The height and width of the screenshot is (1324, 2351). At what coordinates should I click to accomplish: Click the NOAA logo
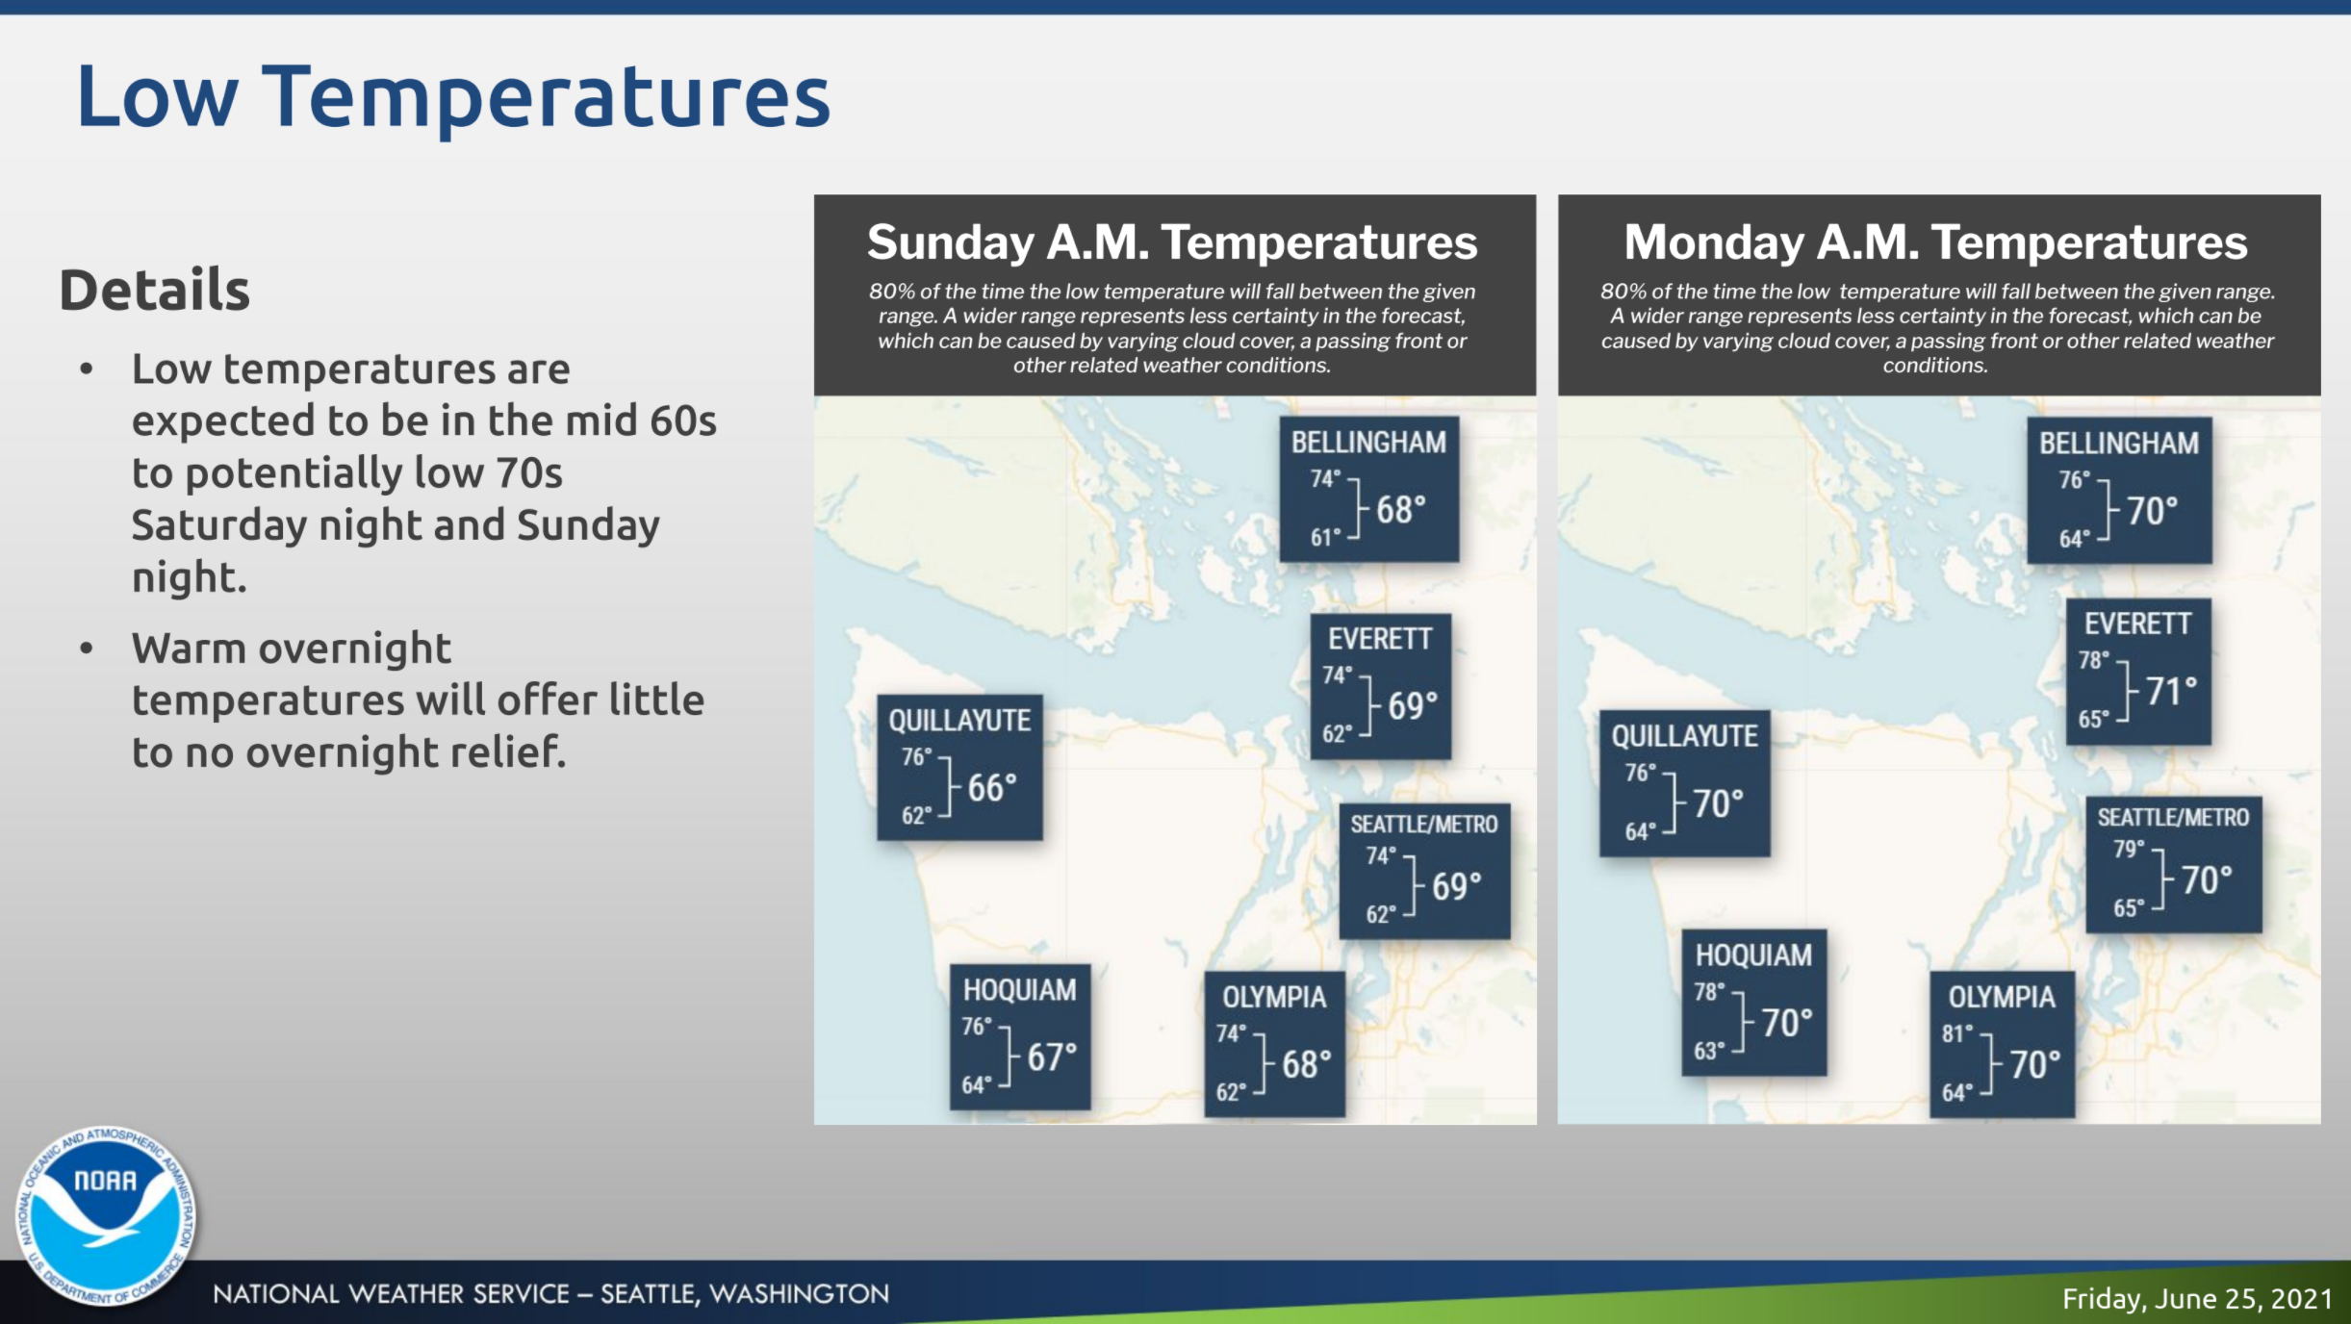(106, 1216)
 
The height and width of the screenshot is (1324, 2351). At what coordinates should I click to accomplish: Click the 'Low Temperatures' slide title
(453, 96)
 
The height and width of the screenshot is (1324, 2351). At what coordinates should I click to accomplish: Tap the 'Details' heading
(155, 290)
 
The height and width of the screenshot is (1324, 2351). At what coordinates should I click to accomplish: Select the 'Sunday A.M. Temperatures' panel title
(1172, 242)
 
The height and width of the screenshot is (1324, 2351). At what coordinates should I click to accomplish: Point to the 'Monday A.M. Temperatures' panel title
(1935, 242)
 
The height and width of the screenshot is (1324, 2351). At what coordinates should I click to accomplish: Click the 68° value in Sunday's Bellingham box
(1401, 509)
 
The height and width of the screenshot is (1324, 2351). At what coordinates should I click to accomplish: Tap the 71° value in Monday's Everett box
(2171, 690)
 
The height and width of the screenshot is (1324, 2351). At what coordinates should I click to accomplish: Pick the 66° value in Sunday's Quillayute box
(992, 788)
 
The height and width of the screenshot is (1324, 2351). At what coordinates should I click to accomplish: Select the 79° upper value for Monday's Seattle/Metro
(2130, 849)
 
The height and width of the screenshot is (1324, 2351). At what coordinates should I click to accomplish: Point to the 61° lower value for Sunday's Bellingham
(1325, 537)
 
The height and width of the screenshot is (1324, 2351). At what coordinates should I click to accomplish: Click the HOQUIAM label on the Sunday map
(1020, 990)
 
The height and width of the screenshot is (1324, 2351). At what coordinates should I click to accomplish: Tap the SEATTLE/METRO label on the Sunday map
(1424, 825)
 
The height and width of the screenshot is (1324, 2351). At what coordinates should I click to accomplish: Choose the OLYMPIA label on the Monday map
(2002, 997)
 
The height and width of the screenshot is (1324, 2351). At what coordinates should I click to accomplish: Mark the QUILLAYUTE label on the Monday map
(1685, 736)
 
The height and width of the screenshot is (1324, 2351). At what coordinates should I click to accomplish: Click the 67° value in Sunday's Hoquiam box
(1052, 1057)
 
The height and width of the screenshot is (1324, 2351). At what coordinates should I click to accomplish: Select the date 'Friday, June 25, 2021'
(2197, 1299)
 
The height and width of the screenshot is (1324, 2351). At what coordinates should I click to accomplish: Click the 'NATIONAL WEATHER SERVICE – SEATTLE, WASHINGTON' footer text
(551, 1294)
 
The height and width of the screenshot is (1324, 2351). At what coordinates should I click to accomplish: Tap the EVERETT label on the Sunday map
(1380, 639)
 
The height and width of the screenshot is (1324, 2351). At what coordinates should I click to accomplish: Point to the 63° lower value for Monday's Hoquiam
(1710, 1050)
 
